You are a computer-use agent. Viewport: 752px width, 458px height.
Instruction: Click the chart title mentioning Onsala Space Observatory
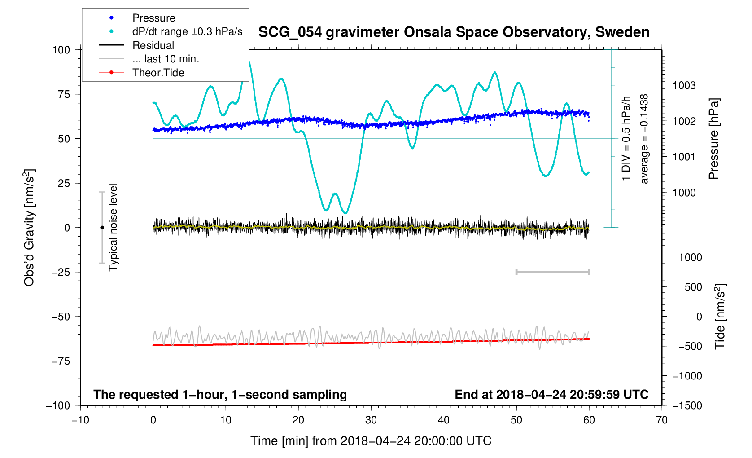pyautogui.click(x=454, y=32)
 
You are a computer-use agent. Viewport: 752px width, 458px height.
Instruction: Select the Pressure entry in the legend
pyautogui.click(x=153, y=18)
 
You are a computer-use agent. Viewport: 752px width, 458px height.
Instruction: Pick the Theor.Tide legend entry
pyautogui.click(x=158, y=73)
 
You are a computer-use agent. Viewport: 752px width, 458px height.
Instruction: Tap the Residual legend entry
pyautogui.click(x=153, y=45)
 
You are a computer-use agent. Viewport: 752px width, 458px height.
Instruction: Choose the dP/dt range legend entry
pyautogui.click(x=187, y=32)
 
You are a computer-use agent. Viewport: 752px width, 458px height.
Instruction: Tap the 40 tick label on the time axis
pyautogui.click(x=444, y=420)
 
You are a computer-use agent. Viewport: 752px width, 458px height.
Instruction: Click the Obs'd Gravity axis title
pyautogui.click(x=30, y=228)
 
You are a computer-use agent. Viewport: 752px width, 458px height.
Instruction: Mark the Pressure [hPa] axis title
pyautogui.click(x=713, y=139)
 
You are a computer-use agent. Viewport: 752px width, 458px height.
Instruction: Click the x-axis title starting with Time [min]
pyautogui.click(x=371, y=441)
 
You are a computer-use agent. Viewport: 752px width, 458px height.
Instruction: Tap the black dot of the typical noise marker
pyautogui.click(x=102, y=228)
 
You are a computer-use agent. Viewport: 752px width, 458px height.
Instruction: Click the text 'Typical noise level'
pyautogui.click(x=113, y=227)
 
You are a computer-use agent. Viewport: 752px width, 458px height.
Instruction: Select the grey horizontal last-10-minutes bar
pyautogui.click(x=552, y=272)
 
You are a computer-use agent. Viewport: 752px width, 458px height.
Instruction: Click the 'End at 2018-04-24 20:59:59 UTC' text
pyautogui.click(x=551, y=395)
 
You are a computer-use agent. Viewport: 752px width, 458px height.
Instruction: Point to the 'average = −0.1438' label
pyautogui.click(x=644, y=139)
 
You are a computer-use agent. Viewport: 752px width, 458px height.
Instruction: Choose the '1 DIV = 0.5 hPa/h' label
pyautogui.click(x=626, y=139)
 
